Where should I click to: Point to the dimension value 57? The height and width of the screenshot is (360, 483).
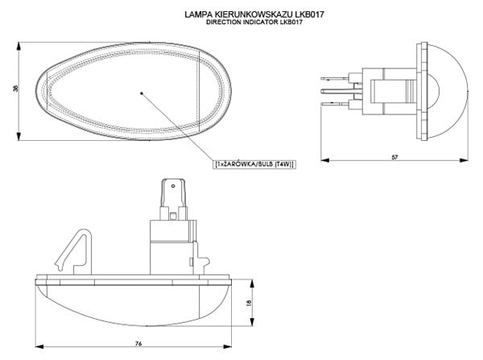(x=394, y=155)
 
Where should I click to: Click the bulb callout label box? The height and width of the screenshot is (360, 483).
(x=254, y=163)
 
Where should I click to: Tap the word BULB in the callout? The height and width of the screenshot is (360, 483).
(x=264, y=163)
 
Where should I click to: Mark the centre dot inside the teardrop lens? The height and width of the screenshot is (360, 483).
(x=141, y=93)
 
